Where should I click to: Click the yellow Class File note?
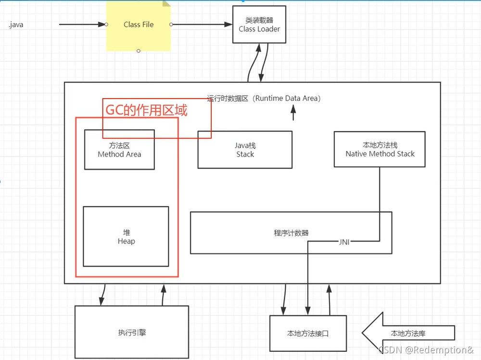138,25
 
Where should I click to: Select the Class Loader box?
259,25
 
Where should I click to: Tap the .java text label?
15,25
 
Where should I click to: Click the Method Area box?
119,150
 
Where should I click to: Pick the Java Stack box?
245,150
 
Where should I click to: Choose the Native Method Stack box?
380,150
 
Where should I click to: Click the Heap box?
126,236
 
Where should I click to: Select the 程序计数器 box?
291,233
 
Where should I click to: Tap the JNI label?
344,242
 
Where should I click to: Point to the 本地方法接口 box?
308,333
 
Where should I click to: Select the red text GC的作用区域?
146,110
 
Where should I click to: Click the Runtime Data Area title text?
264,98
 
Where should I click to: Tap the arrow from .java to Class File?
82,24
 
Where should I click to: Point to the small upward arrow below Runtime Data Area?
293,113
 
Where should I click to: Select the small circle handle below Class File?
139,51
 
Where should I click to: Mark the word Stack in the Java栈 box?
245,154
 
